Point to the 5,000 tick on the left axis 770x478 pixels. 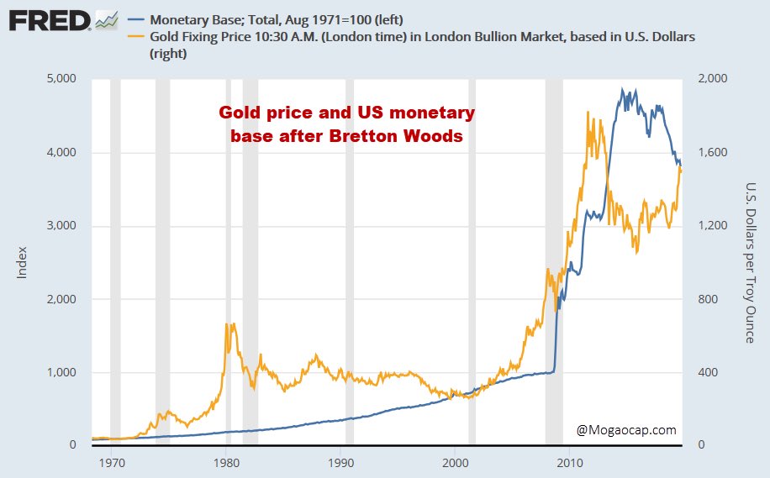click(x=61, y=79)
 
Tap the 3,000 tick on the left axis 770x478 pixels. click(x=61, y=226)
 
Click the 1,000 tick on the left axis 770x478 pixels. click(x=61, y=372)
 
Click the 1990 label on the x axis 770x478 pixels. click(x=341, y=463)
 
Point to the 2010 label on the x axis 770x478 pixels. click(x=570, y=463)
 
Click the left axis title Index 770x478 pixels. click(x=24, y=261)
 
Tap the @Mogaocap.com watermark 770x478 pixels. click(x=626, y=430)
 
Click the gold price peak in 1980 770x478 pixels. click(x=227, y=323)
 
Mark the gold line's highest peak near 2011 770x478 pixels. click(x=588, y=112)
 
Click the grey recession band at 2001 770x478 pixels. click(x=472, y=261)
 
